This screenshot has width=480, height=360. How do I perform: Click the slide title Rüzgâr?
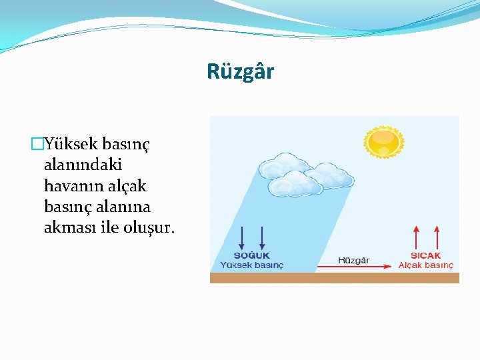click(240, 71)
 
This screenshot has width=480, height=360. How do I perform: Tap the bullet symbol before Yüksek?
click(37, 143)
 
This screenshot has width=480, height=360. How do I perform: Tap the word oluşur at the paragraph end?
click(147, 227)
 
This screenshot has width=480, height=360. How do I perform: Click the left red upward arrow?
click(417, 237)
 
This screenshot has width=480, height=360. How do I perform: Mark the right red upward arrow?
click(437, 237)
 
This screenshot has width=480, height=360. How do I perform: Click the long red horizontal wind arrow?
click(353, 267)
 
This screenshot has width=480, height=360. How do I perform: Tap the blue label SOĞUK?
click(252, 256)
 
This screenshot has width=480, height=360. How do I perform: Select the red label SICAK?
click(425, 256)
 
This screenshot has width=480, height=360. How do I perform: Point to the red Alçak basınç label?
click(426, 265)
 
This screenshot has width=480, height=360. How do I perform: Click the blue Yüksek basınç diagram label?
click(252, 265)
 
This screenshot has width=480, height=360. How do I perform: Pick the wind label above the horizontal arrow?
click(353, 260)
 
